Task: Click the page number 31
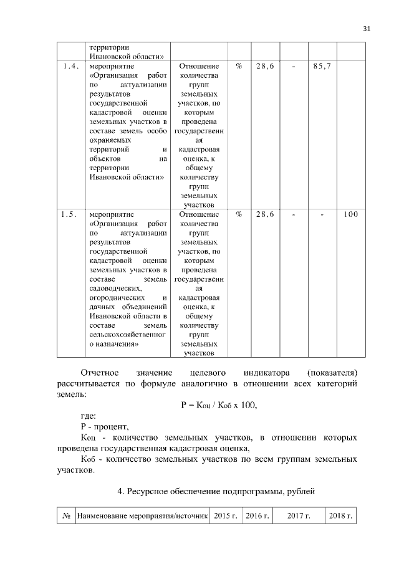(x=366, y=27)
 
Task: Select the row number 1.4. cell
(x=70, y=65)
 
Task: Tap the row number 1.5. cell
(x=70, y=214)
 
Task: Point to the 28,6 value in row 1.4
(x=265, y=65)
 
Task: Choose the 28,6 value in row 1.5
(x=265, y=214)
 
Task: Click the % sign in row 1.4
(x=239, y=65)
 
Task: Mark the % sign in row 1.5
(x=239, y=214)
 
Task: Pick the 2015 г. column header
(x=226, y=517)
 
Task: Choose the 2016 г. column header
(x=257, y=517)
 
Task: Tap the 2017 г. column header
(x=299, y=517)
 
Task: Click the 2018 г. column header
(x=341, y=517)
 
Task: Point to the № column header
(x=65, y=517)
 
